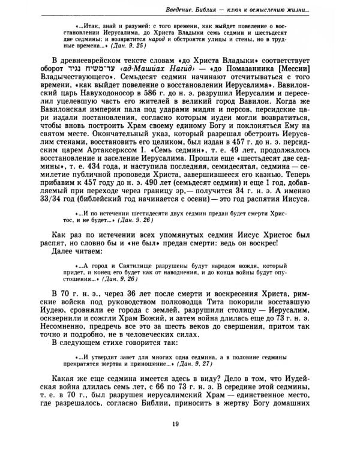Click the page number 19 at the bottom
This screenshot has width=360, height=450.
coord(179,425)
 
